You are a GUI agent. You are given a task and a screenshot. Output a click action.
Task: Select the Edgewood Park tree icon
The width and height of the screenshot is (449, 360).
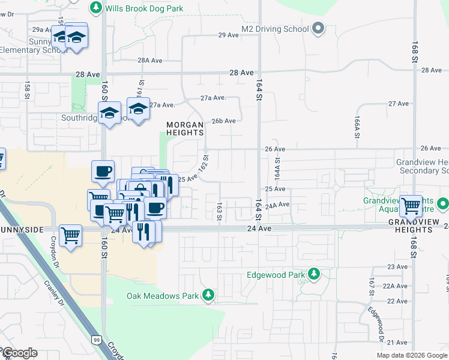pyautogui.click(x=313, y=274)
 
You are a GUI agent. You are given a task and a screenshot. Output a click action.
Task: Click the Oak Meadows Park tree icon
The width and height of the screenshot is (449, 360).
pyautogui.click(x=208, y=295)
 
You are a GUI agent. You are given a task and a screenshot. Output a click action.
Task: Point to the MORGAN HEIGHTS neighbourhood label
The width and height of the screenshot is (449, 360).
pyautogui.click(x=185, y=128)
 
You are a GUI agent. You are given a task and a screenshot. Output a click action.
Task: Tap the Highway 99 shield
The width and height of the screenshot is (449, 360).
pyautogui.click(x=96, y=340)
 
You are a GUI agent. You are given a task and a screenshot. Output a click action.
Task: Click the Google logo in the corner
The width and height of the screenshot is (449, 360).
pyautogui.click(x=19, y=353)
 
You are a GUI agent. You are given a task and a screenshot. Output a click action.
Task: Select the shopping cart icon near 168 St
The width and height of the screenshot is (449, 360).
pyautogui.click(x=411, y=206)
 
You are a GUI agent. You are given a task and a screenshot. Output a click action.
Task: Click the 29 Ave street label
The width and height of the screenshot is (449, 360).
pyautogui.click(x=229, y=35)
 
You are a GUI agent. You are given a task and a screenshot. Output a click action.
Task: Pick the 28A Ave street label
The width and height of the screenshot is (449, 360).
pyautogui.click(x=150, y=60)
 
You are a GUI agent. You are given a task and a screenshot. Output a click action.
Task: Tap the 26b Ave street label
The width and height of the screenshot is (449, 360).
pyautogui.click(x=226, y=121)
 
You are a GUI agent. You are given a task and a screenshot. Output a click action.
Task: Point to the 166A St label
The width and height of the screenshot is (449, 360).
pyautogui.click(x=356, y=128)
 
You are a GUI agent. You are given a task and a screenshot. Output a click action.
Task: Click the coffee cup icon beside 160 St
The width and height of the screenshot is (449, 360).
pyautogui.click(x=103, y=172)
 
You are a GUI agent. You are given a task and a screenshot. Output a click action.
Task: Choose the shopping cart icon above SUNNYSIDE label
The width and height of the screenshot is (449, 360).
pyautogui.click(x=71, y=235)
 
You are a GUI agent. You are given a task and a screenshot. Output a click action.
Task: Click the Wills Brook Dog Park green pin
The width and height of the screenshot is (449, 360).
pyautogui.click(x=95, y=8)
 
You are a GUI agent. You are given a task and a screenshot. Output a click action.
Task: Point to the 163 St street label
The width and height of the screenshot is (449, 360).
pyautogui.click(x=220, y=211)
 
